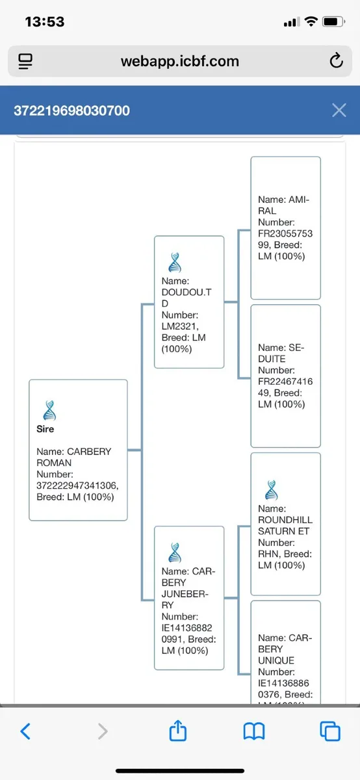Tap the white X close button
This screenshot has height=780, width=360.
pos(339,110)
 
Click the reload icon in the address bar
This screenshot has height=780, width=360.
pos(337,60)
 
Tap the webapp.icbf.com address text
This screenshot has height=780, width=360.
pos(179,61)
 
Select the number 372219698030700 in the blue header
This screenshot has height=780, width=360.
pos(71,110)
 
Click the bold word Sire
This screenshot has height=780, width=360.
pos(45,429)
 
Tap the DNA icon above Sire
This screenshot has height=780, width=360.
pos(49,410)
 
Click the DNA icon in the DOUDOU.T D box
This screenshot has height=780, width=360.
pos(175,263)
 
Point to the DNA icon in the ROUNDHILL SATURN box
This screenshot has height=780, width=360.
pos(271,490)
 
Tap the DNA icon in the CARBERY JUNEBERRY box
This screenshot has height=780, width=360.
pos(175,552)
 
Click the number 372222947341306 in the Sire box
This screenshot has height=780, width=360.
pos(77,486)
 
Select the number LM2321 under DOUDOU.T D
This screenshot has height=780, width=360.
pos(179,326)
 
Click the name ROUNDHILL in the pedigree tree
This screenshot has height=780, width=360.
pos(285,520)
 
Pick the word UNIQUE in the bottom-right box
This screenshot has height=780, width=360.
pos(276,660)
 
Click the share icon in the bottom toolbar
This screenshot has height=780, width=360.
pos(178,730)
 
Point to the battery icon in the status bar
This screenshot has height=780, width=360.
pos(333,22)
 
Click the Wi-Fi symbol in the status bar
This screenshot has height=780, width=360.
pos(311,21)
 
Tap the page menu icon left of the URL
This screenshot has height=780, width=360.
pos(25,61)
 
